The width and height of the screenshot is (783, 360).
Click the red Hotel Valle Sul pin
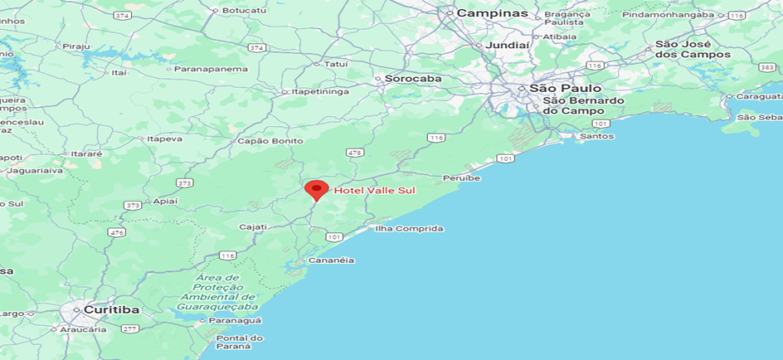(x=316, y=190)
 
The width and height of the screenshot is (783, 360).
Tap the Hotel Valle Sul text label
(x=374, y=191)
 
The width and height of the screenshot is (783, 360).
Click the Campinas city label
(x=492, y=13)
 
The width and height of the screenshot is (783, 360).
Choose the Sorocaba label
(x=412, y=79)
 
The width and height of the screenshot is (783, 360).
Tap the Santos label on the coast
(x=597, y=135)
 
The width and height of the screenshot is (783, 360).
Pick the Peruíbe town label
(x=461, y=178)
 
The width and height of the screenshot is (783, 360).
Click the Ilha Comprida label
(x=409, y=228)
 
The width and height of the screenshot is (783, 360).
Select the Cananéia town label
(x=331, y=260)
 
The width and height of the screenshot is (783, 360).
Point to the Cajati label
(x=252, y=226)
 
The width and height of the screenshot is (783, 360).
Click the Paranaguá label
(x=235, y=320)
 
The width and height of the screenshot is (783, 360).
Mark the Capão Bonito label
(x=270, y=141)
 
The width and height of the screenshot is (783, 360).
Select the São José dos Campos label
(x=693, y=49)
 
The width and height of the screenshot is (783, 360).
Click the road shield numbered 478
(x=356, y=153)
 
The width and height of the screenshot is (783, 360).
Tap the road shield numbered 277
(x=129, y=328)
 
